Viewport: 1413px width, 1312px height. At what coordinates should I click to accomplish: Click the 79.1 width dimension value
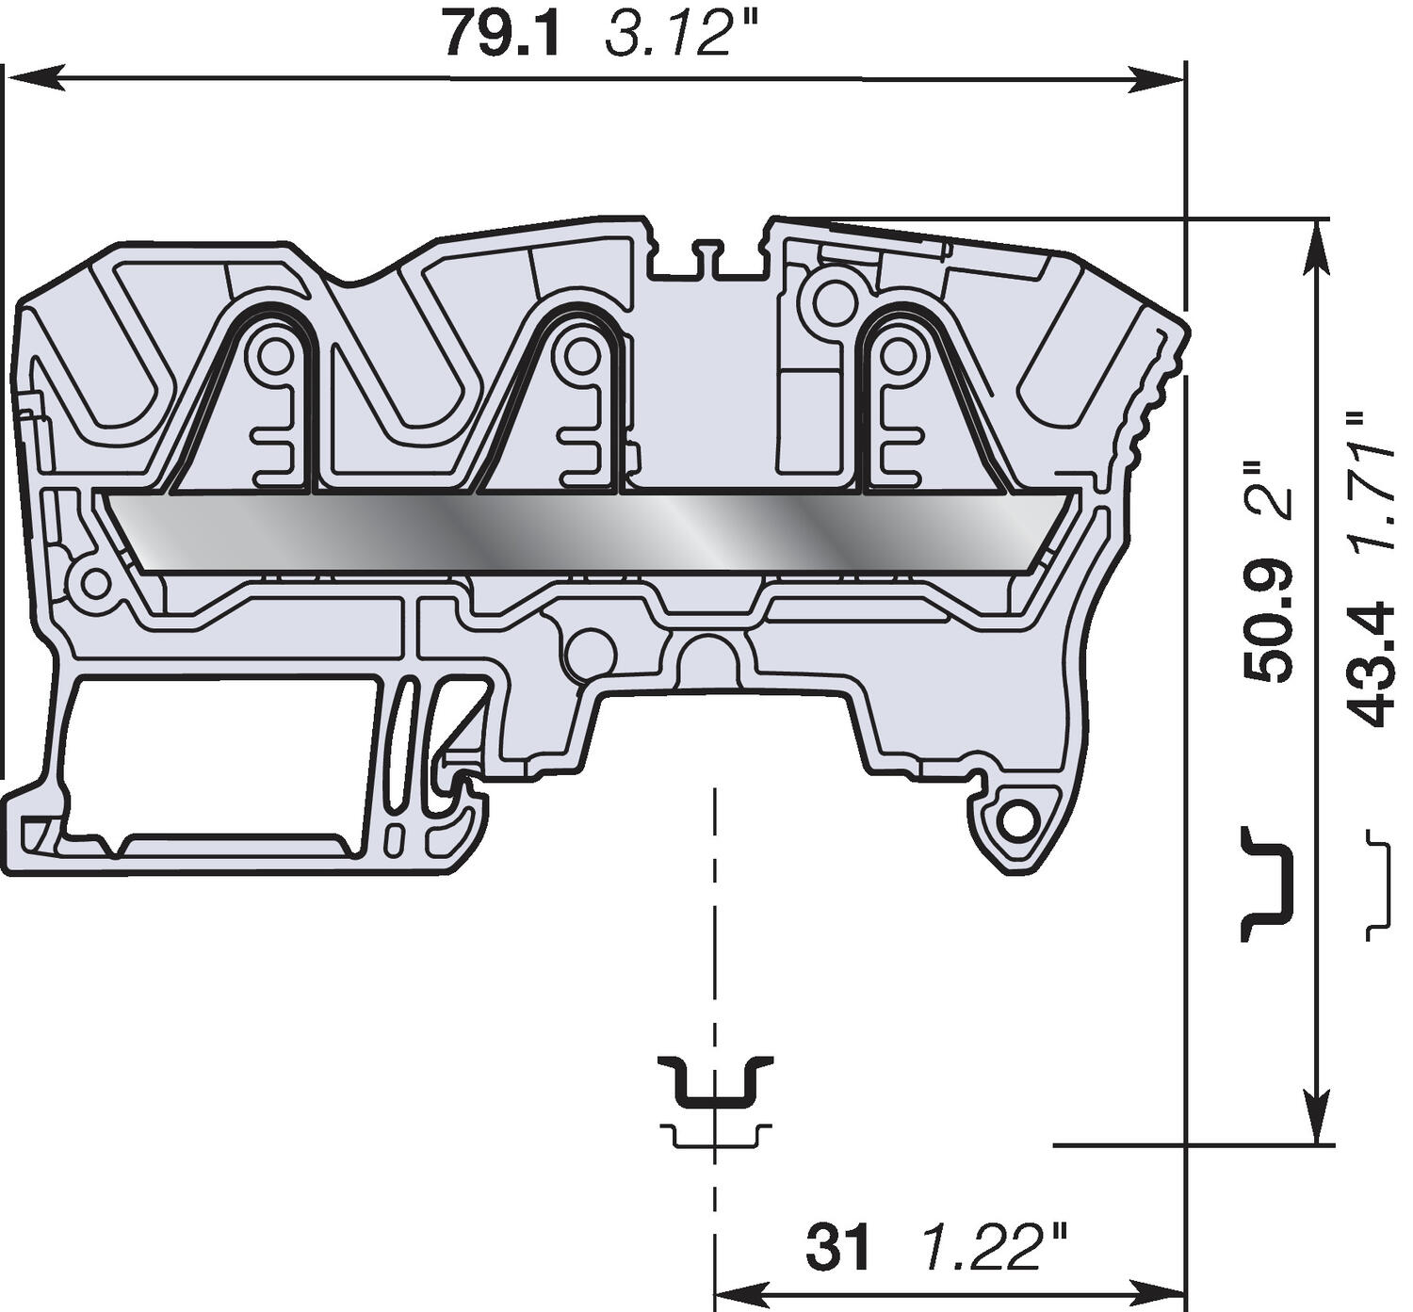[501, 34]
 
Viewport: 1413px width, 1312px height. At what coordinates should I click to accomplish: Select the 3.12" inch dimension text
[670, 34]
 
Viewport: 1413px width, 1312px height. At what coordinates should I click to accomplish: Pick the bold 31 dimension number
[838, 1248]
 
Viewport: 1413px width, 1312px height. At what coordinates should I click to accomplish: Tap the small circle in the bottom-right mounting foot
[1018, 823]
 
